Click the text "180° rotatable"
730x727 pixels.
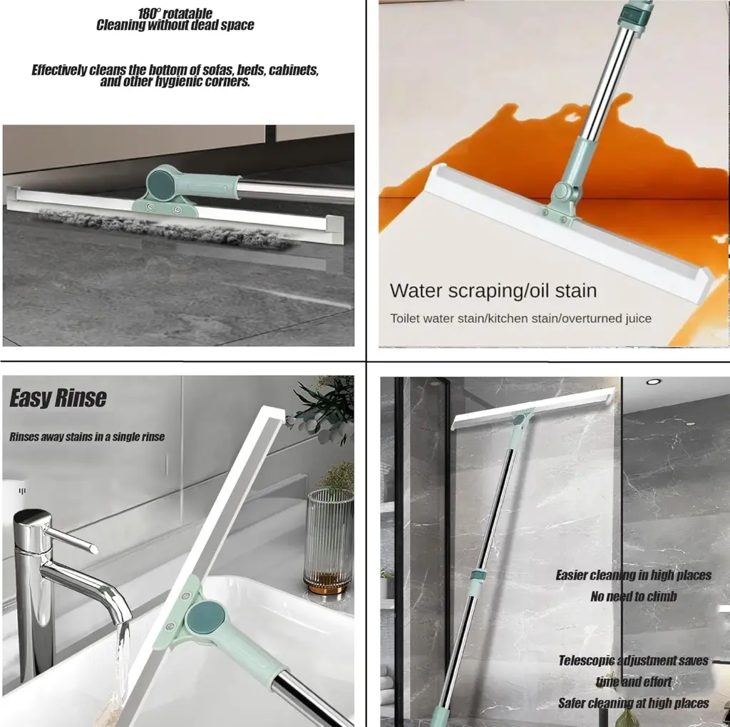click(175, 14)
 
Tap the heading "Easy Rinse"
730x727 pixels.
click(58, 398)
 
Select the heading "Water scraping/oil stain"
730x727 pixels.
click(493, 291)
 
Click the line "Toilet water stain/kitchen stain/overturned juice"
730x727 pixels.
click(520, 319)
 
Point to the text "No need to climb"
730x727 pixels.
click(633, 597)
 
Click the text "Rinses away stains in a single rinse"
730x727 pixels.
click(87, 437)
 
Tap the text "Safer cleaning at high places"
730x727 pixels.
click(633, 703)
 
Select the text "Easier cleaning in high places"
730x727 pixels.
click(633, 575)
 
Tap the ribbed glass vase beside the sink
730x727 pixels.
click(329, 541)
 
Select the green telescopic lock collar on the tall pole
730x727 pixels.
click(478, 574)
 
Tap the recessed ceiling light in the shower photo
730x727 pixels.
click(653, 382)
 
